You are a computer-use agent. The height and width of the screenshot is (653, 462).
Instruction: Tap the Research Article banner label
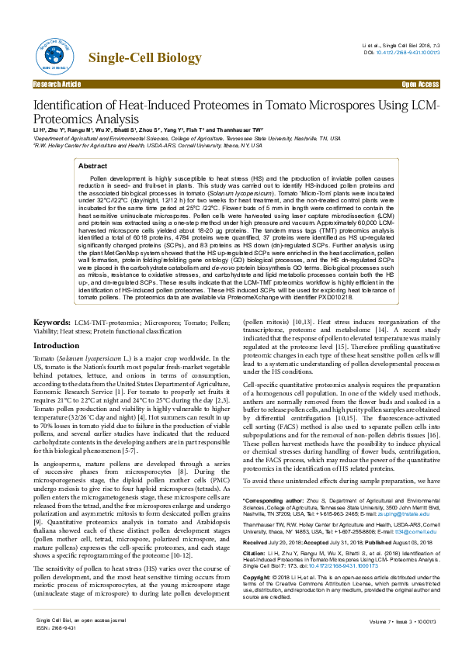[x=57, y=83]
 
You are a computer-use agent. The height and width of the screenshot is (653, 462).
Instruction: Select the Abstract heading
[x=93, y=166]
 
